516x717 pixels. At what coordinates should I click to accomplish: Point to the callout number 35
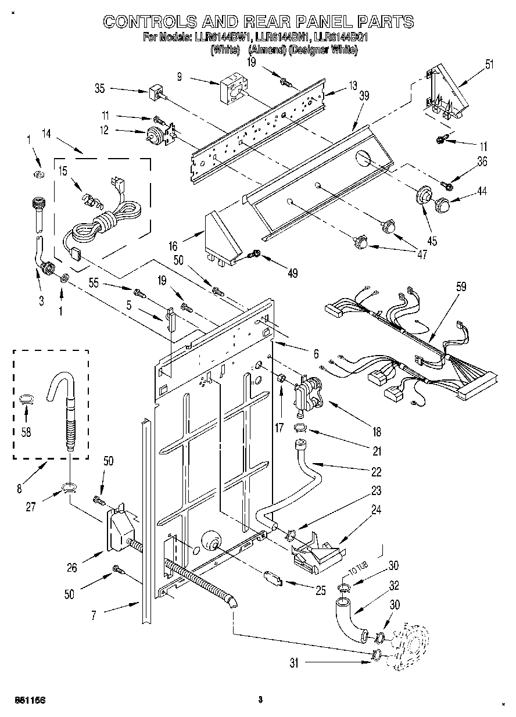point(99,89)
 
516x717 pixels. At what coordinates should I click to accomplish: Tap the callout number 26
point(71,568)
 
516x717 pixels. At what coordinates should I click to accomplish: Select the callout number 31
point(295,662)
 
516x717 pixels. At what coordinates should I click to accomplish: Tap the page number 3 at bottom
point(260,700)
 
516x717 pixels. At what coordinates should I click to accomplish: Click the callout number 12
point(105,130)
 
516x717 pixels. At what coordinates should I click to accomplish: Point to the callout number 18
point(377,432)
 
